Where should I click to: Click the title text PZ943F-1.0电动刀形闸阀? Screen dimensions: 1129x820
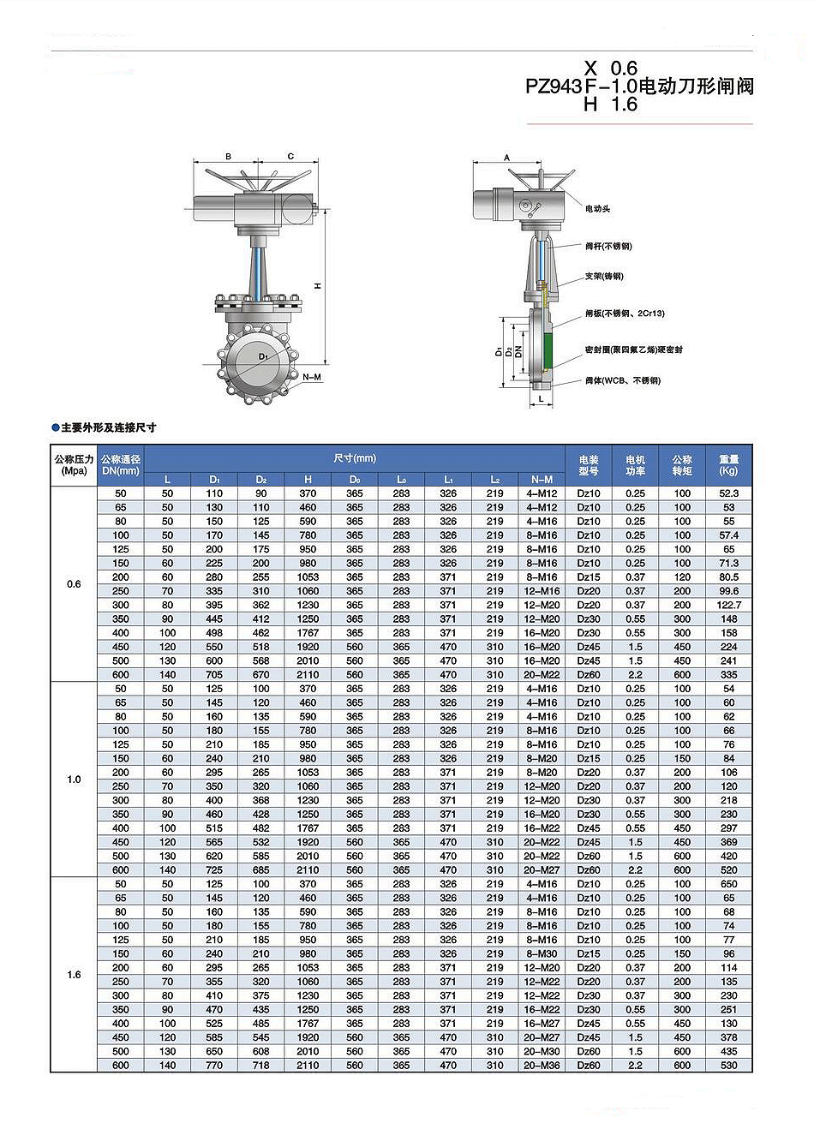[639, 86]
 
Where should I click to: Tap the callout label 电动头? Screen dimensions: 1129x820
[597, 209]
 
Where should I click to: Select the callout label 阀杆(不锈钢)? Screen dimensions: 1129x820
[608, 247]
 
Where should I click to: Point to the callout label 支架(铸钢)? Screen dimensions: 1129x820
[604, 277]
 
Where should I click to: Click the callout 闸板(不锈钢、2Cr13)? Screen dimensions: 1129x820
[625, 314]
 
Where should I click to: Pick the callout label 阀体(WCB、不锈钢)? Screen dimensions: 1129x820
[622, 381]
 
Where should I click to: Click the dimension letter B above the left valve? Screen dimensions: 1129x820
[228, 157]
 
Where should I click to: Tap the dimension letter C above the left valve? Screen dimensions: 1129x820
[290, 157]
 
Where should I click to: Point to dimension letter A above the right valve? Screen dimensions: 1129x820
[506, 158]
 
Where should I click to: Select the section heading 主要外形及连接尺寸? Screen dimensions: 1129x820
[108, 427]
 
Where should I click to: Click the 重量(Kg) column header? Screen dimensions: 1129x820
[728, 465]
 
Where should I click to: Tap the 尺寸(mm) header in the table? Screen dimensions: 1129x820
[354, 458]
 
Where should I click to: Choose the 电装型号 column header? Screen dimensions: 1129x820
[589, 465]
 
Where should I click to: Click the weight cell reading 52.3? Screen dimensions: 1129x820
[728, 493]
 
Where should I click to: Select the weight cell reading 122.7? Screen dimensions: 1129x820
[728, 605]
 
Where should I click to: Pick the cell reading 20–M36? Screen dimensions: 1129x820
[542, 1066]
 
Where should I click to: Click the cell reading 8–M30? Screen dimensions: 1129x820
[542, 954]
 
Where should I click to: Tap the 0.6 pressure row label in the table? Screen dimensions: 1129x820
[74, 584]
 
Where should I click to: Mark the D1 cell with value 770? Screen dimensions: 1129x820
[214, 1066]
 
